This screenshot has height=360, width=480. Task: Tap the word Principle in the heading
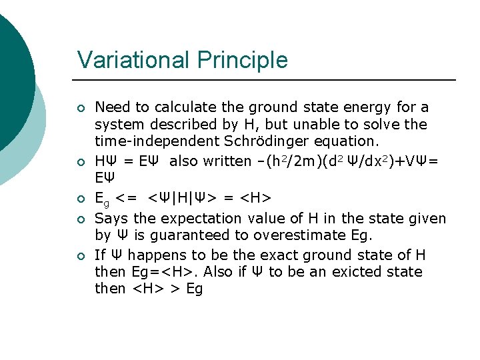243,60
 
